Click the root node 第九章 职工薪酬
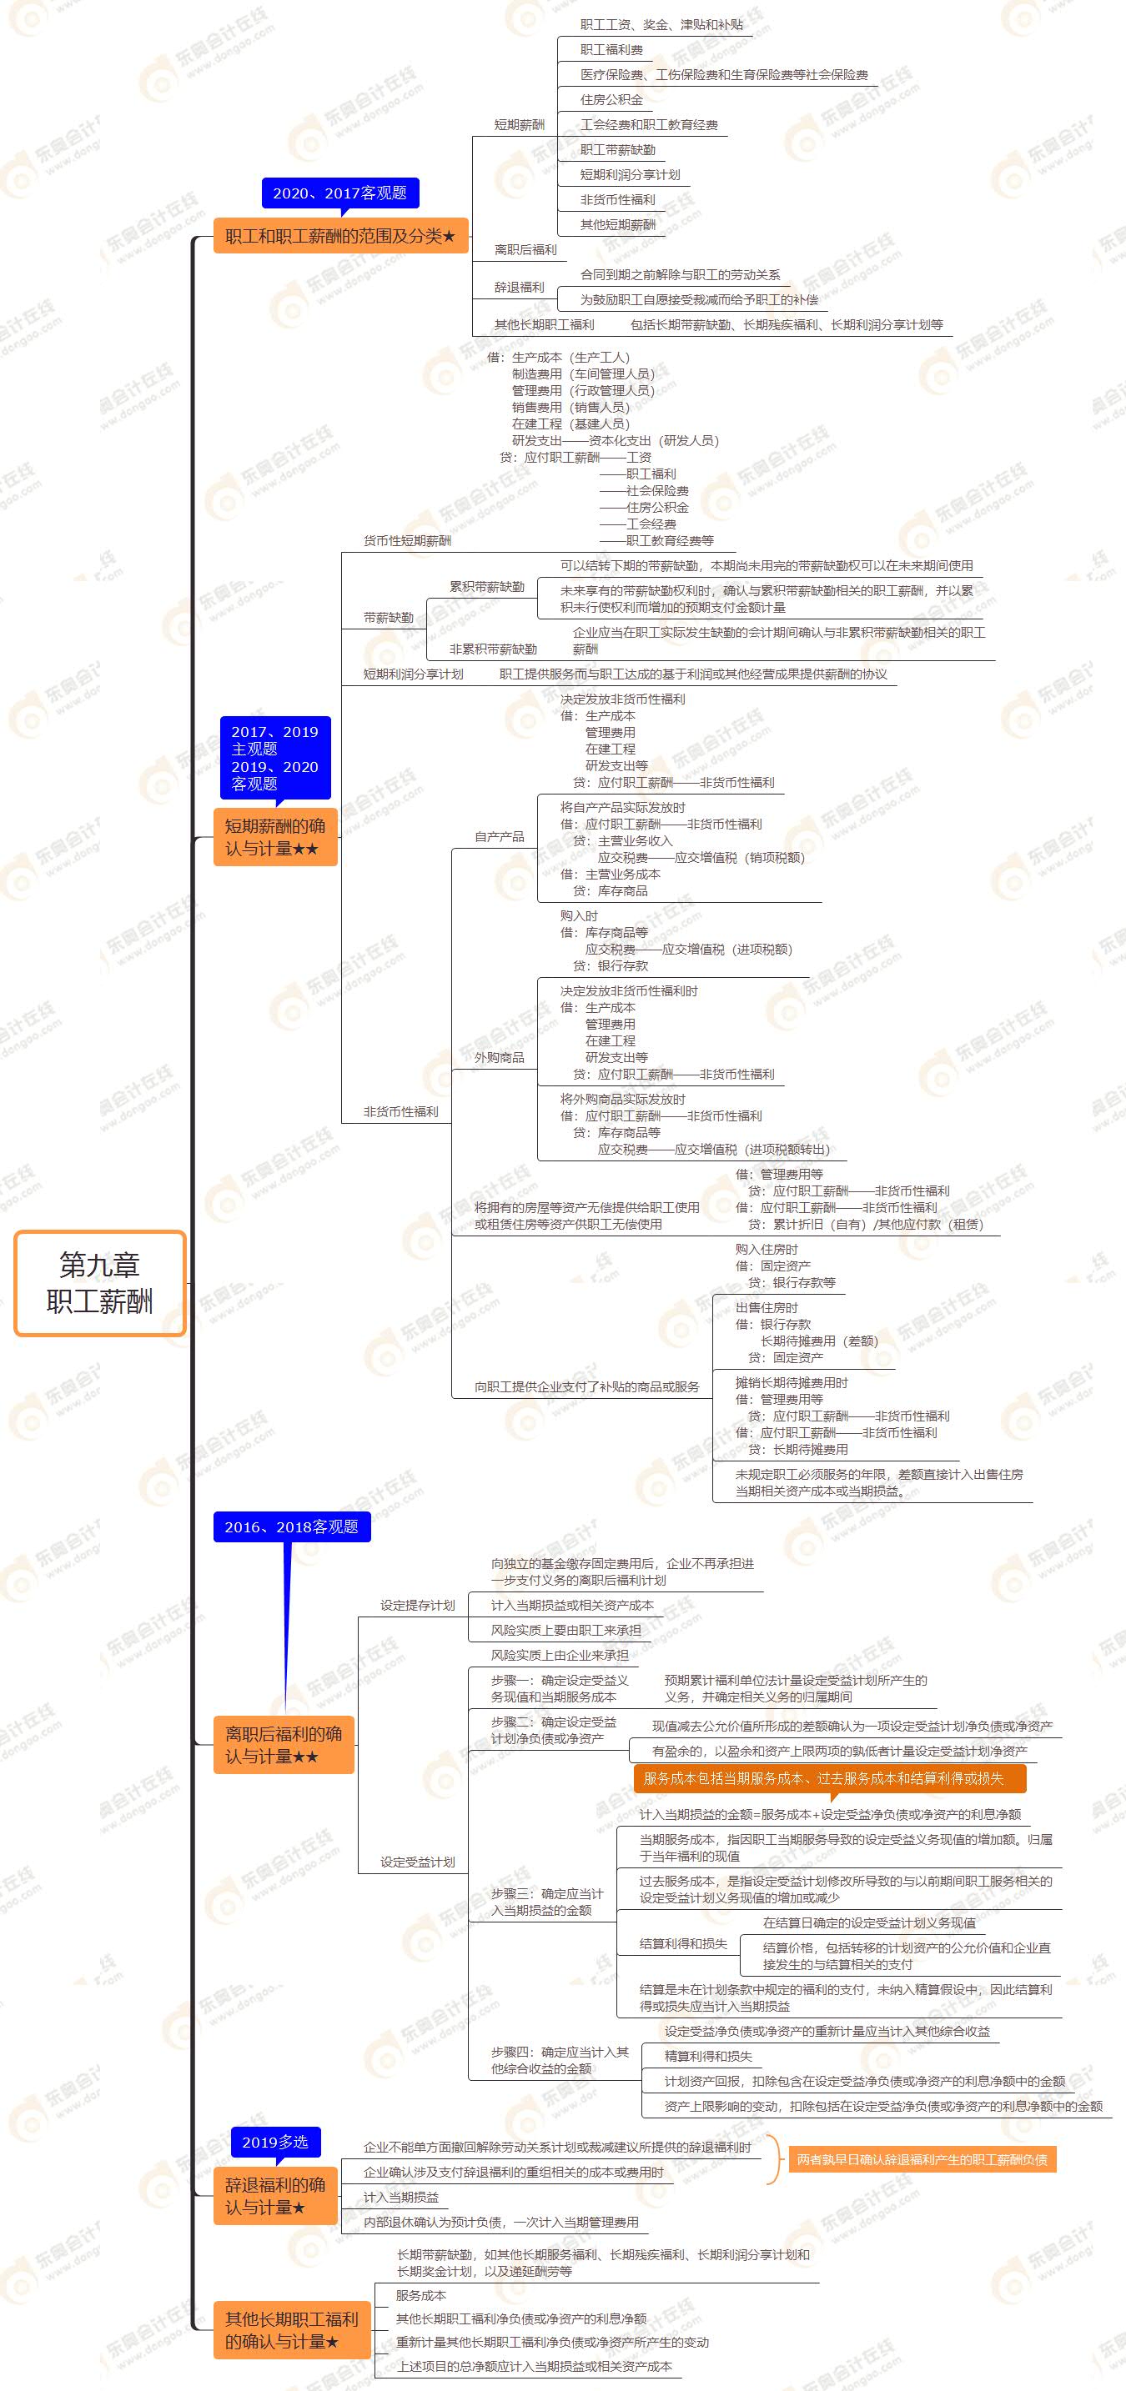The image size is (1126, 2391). tap(99, 1283)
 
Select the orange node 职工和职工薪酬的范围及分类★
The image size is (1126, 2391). tap(339, 236)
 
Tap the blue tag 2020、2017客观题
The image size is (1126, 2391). tap(339, 193)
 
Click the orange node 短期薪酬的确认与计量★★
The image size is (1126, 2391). tap(274, 837)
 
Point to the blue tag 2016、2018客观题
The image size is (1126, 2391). tap(290, 1526)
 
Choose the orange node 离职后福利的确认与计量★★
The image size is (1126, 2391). tap(283, 1744)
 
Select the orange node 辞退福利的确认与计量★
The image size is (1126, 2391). tap(274, 2195)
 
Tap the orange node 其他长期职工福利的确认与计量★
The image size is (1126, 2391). tap(290, 2330)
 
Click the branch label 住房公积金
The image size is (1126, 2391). tap(611, 99)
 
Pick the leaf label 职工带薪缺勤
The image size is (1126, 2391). tap(617, 149)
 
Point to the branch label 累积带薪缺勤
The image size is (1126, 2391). tap(486, 587)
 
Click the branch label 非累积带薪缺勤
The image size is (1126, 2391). tap(493, 649)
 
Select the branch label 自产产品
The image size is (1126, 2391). tap(500, 836)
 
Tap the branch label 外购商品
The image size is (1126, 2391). tap(500, 1057)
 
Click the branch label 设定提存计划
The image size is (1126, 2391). tap(417, 1605)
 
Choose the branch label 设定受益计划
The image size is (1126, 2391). tap(417, 1862)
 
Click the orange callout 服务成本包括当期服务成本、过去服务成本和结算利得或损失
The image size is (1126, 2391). tap(829, 1778)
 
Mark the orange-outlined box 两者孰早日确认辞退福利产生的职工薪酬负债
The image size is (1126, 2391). tap(921, 2159)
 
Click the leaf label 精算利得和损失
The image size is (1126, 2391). tap(707, 2056)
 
